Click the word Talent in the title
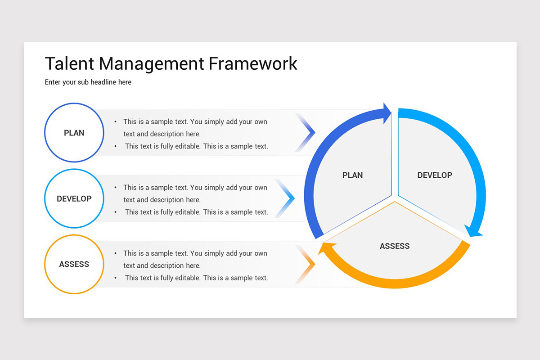click(x=69, y=63)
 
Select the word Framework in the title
click(x=252, y=63)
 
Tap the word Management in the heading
click(x=151, y=63)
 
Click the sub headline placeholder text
click(x=88, y=82)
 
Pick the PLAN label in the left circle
click(x=74, y=133)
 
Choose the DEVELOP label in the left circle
click(x=74, y=198)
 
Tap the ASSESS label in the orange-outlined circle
click(x=74, y=264)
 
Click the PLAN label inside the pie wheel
click(x=352, y=175)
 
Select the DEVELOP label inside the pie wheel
click(x=435, y=175)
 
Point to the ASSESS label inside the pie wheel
click(x=395, y=246)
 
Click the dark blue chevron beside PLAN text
click(x=307, y=133)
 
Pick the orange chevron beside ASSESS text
click(x=307, y=264)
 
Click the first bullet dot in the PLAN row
click(x=116, y=122)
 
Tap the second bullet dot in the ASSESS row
click(x=116, y=278)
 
